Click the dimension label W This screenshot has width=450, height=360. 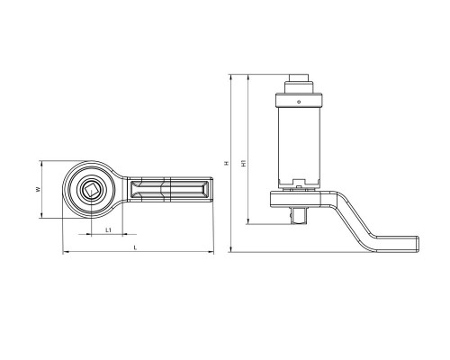tap(38, 190)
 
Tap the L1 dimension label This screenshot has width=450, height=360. tap(109, 230)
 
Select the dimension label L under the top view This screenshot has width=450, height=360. tap(135, 247)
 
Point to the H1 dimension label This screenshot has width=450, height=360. tap(245, 163)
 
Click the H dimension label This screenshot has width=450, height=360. tap(227, 164)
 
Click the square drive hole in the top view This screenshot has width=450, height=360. tap(91, 190)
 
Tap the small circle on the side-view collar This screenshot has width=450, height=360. tap(299, 102)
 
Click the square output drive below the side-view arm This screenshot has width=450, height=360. tap(298, 215)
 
